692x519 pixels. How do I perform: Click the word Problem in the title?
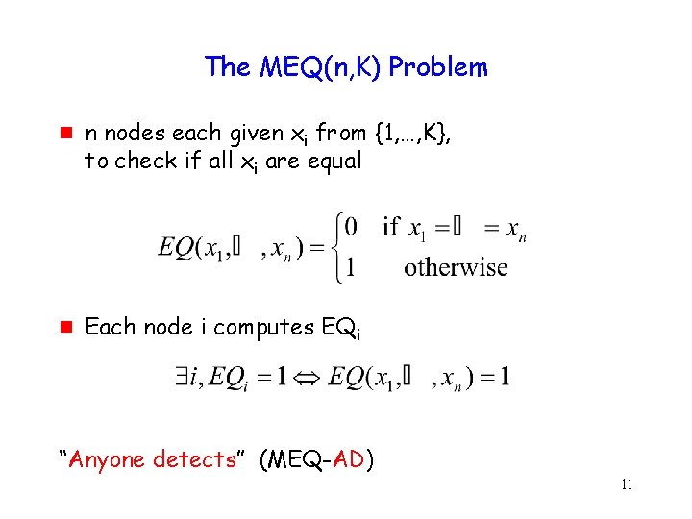(439, 67)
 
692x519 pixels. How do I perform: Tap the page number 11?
(627, 484)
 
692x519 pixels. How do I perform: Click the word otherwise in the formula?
(456, 266)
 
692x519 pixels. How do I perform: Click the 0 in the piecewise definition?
(352, 227)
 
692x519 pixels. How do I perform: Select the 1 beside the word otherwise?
(351, 266)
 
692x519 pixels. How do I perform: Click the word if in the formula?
(391, 227)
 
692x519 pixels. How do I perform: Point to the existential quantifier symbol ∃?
(184, 375)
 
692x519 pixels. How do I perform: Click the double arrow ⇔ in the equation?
(309, 376)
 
